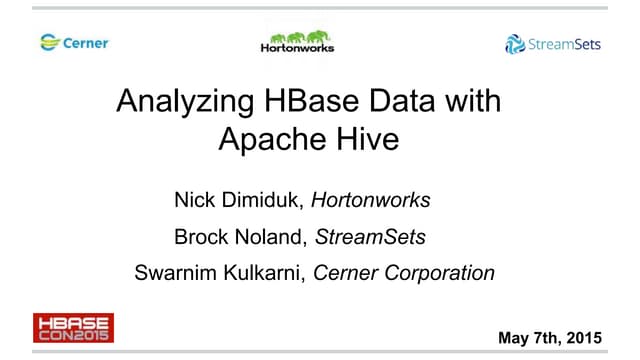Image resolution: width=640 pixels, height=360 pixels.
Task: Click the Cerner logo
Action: (74, 43)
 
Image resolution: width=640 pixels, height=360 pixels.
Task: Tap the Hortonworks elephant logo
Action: (297, 41)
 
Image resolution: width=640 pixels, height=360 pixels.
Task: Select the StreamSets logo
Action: (553, 44)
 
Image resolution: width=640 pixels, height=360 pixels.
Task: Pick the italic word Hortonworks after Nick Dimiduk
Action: (370, 200)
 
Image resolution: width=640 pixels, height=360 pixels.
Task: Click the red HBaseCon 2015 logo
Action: (73, 328)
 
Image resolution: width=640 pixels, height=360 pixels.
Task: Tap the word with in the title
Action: (474, 102)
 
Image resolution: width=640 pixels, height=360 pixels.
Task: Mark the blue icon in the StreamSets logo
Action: (515, 44)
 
